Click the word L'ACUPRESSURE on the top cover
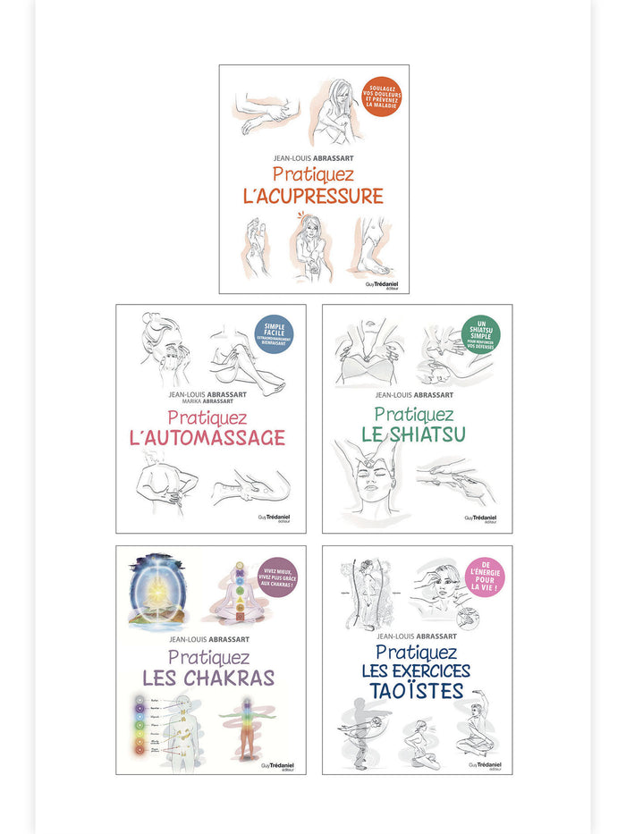point(314,196)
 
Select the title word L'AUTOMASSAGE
point(213,437)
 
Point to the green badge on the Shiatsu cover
point(480,335)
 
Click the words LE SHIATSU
point(414,434)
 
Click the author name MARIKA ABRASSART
point(212,402)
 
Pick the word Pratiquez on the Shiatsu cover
point(414,414)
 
